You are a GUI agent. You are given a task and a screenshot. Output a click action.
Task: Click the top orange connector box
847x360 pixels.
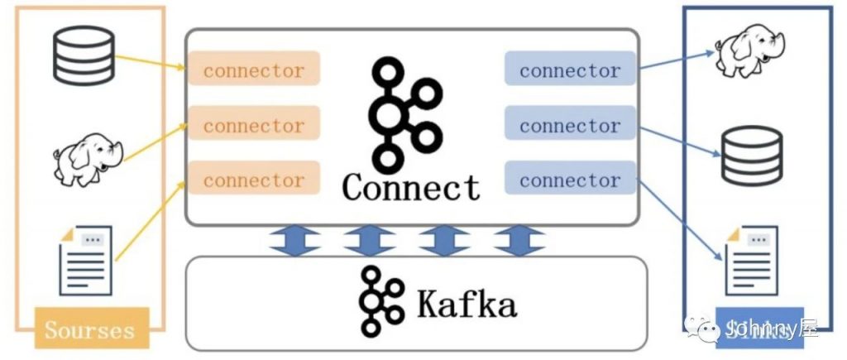[254, 70]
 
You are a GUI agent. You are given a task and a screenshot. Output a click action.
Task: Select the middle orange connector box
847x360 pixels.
[254, 125]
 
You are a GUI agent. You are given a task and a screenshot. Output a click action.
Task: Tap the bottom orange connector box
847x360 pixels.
[254, 179]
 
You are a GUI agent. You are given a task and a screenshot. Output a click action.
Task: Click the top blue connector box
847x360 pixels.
[569, 70]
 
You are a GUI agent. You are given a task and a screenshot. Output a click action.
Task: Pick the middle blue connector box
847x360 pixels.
[569, 125]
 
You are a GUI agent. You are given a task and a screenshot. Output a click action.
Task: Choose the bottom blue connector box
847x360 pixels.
[569, 179]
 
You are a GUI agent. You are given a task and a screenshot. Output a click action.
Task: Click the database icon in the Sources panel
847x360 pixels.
[84, 55]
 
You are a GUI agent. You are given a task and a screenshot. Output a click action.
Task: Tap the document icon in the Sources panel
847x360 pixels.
[85, 259]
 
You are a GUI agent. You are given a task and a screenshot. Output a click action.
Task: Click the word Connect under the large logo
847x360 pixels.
[411, 187]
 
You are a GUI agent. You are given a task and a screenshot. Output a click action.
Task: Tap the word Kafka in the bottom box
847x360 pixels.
[467, 303]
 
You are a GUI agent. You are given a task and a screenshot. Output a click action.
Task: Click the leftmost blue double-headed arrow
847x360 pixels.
[295, 240]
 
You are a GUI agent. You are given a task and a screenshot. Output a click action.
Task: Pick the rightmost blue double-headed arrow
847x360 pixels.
[519, 240]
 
